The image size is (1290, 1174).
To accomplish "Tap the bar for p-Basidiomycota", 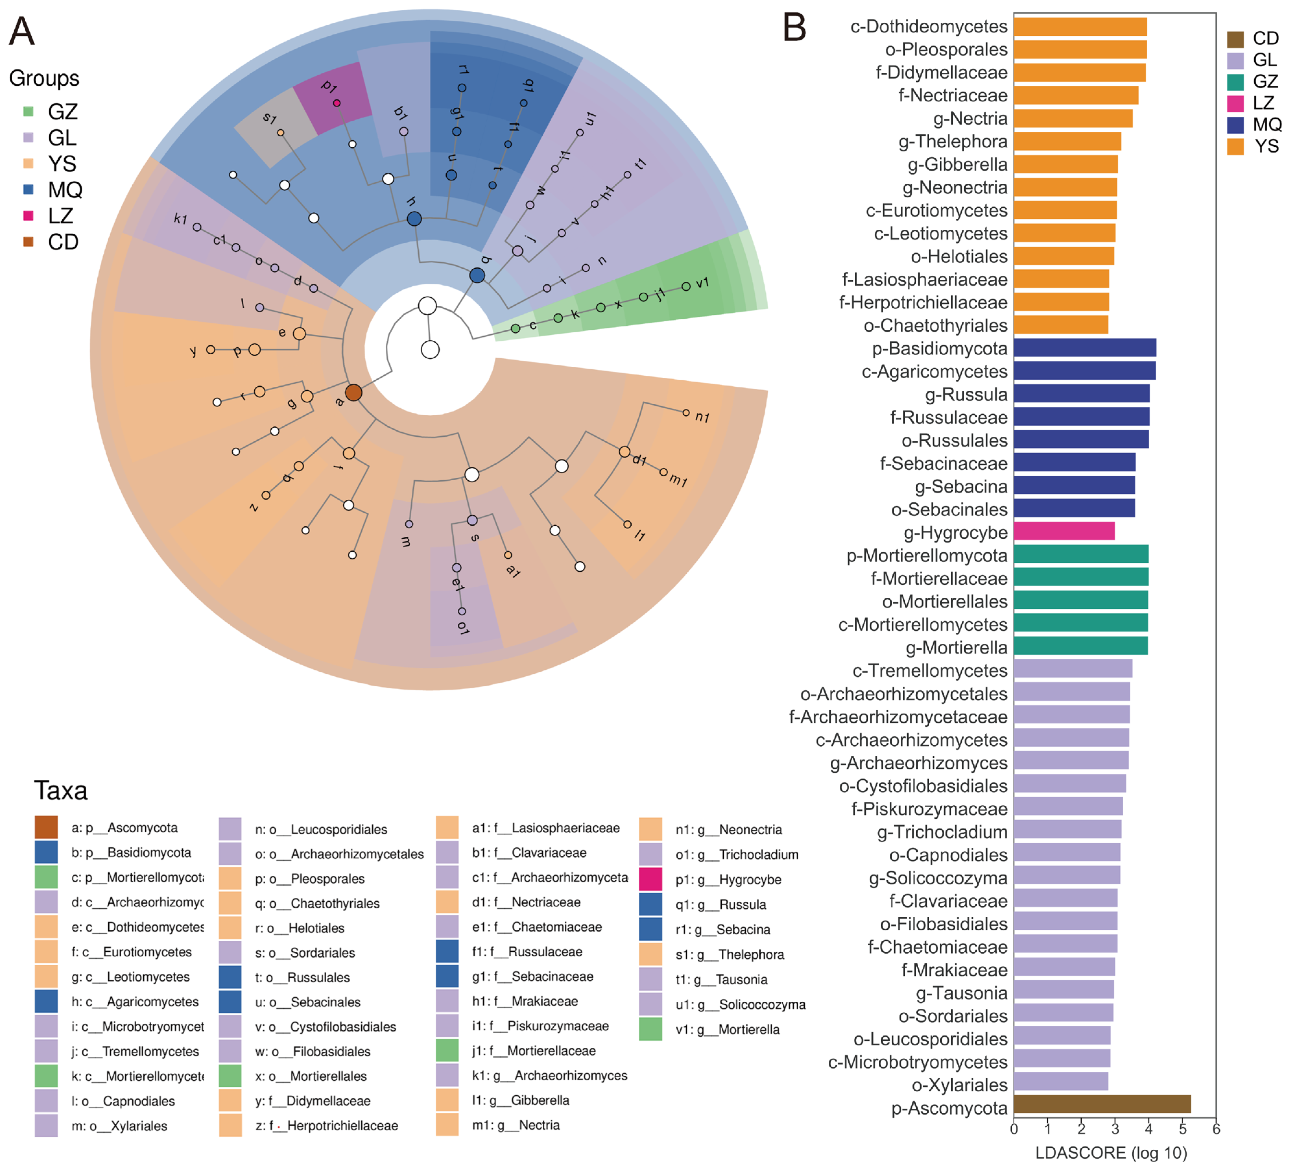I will pyautogui.click(x=1085, y=348).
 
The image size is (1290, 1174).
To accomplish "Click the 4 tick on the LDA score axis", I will pyautogui.click(x=1149, y=1129).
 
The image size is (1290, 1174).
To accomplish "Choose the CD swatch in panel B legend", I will pyautogui.click(x=1235, y=39).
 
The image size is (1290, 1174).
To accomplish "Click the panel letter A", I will pyautogui.click(x=22, y=31).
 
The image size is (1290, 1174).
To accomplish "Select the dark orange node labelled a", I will pyautogui.click(x=353, y=392).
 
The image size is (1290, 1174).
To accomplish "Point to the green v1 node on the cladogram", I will pyautogui.click(x=686, y=286).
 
